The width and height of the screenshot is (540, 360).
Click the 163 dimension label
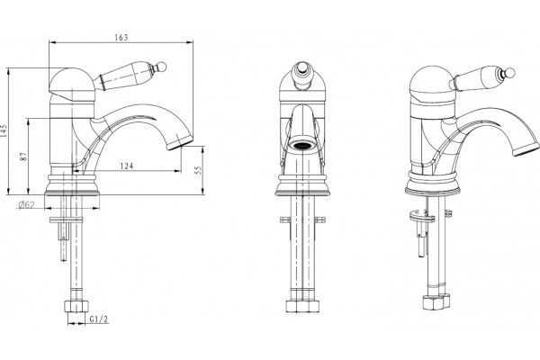tap(121, 37)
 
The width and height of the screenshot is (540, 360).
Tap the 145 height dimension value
tap(4, 130)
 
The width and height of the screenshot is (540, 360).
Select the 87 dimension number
tap(23, 157)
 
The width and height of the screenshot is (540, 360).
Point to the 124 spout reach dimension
tap(127, 166)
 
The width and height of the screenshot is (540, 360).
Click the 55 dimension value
tap(198, 170)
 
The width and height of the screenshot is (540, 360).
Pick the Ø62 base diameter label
tap(26, 204)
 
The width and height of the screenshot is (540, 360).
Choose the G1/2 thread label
tap(99, 319)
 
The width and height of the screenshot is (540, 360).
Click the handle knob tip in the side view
tap(162, 66)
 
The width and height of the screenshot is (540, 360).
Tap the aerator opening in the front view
tap(303, 145)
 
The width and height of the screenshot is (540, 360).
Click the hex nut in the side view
tap(76, 306)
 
